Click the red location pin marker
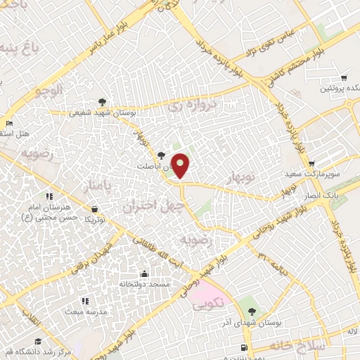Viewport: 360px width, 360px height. click(181, 166)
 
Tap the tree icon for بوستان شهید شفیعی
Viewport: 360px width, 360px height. click(103, 101)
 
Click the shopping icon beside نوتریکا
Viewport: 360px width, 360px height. click(95, 209)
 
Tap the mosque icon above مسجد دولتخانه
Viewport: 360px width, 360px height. click(144, 273)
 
